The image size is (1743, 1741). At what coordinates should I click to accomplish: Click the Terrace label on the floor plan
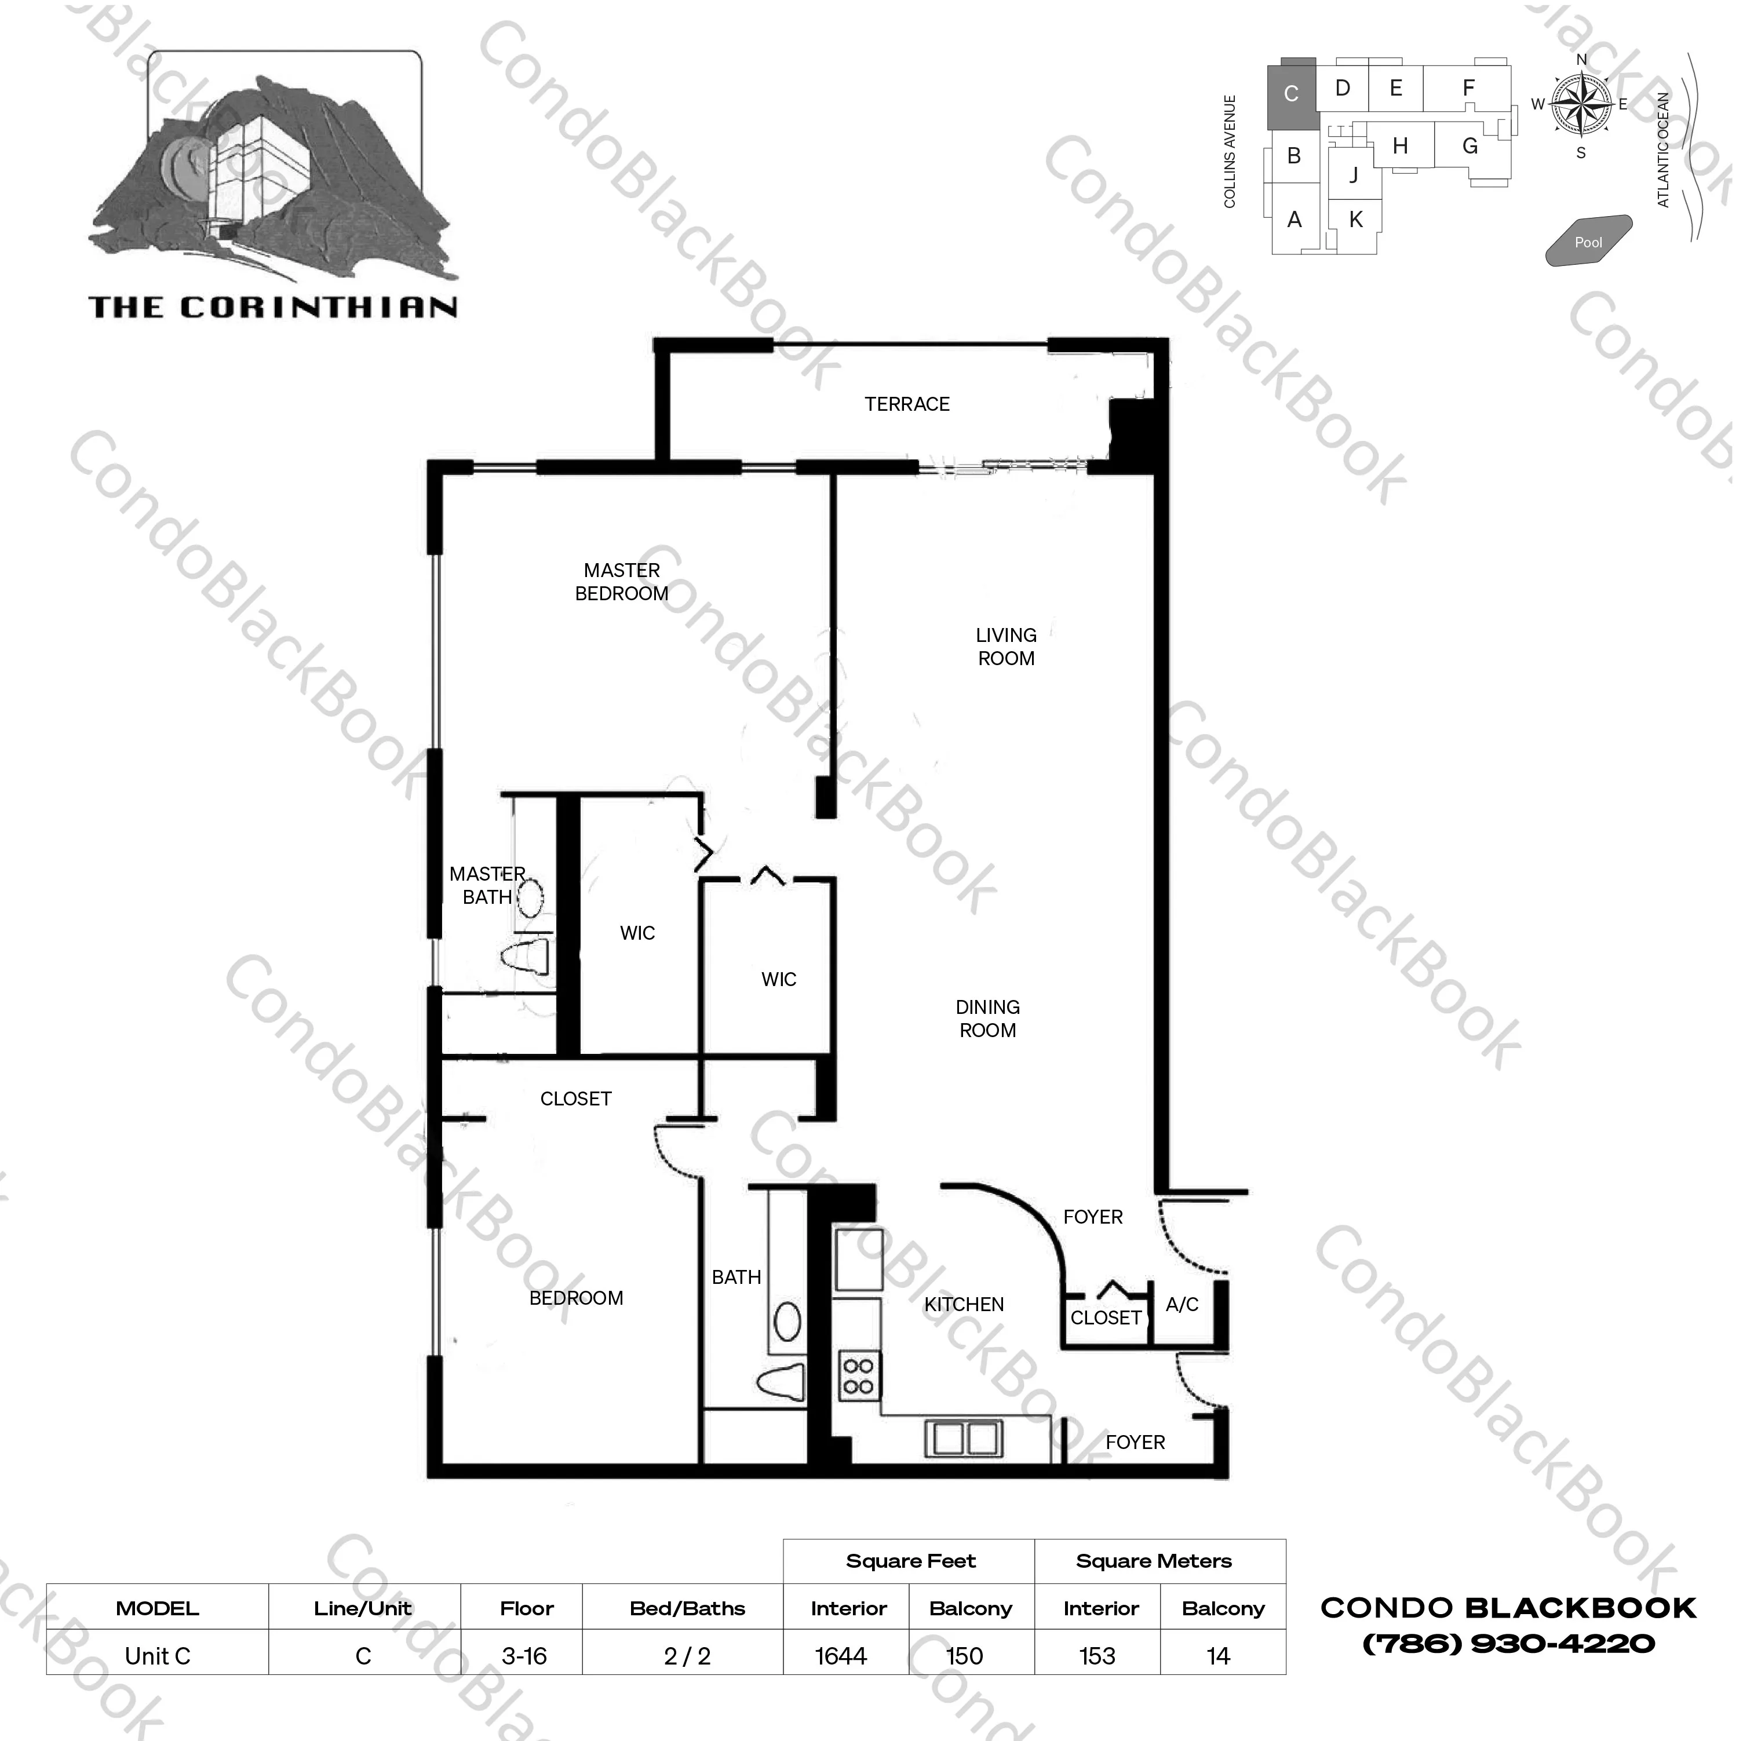click(x=907, y=404)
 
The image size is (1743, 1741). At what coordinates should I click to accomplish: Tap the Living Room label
click(x=1006, y=647)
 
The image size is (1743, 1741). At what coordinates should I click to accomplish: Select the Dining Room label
click(x=988, y=1019)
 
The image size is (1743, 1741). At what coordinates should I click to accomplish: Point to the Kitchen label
click(x=964, y=1304)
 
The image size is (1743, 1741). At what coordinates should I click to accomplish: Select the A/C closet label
click(x=1182, y=1304)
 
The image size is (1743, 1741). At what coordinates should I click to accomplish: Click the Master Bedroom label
click(x=622, y=582)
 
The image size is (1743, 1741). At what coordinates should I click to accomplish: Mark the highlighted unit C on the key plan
click(x=1291, y=93)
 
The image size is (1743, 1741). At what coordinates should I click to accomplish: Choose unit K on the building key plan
click(x=1355, y=219)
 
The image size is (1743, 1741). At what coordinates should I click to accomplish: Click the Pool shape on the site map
click(x=1589, y=241)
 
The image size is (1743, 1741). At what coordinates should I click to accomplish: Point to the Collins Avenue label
click(x=1230, y=152)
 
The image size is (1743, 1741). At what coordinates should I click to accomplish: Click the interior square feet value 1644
click(x=841, y=1656)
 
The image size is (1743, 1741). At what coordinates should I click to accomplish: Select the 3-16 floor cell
click(x=524, y=1656)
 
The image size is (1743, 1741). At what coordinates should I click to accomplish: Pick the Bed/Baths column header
click(x=687, y=1608)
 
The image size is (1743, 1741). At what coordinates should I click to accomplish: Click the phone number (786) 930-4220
click(x=1508, y=1644)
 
